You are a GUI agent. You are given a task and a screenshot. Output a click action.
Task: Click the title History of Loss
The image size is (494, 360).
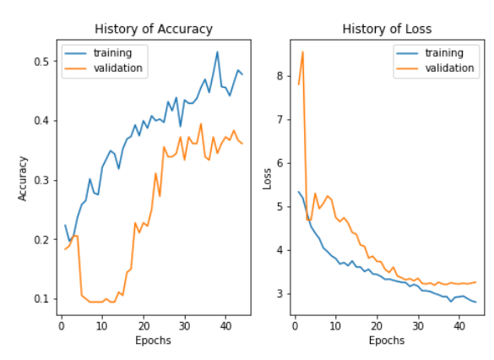click(x=387, y=30)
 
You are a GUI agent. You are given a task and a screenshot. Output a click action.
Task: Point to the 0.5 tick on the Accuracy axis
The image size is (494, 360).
click(x=41, y=62)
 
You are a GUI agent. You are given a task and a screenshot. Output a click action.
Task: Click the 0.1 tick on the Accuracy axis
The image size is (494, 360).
click(x=41, y=299)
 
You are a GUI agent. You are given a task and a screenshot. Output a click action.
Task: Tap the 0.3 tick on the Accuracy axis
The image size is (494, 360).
click(x=41, y=181)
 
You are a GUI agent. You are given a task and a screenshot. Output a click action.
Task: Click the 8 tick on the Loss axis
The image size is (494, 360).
click(x=280, y=75)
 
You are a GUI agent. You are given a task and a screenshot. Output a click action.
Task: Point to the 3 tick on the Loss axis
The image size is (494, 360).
click(x=280, y=294)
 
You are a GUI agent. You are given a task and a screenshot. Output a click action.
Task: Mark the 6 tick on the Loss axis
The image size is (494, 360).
click(x=280, y=163)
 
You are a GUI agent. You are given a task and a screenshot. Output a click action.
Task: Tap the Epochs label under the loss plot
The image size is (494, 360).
click(x=387, y=341)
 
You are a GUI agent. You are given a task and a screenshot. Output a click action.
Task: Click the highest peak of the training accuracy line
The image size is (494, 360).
click(x=217, y=52)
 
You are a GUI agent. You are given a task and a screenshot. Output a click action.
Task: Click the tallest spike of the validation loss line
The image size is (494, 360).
click(x=302, y=52)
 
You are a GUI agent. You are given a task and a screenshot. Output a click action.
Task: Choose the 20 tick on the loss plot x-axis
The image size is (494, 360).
click(x=377, y=325)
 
